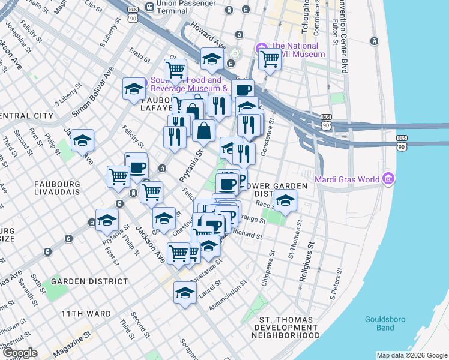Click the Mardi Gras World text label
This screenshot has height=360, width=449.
(x=348, y=179)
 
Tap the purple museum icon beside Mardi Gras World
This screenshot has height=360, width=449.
(x=388, y=179)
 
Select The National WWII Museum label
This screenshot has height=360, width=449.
(x=298, y=50)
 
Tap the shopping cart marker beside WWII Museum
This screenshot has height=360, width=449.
(x=270, y=60)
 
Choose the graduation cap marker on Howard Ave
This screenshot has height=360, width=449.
(x=212, y=59)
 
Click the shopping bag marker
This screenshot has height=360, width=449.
(x=203, y=130)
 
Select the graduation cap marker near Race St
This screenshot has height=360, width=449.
(x=286, y=200)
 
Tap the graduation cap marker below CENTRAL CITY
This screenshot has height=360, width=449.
(x=83, y=142)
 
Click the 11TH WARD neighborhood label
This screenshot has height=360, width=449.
(x=85, y=314)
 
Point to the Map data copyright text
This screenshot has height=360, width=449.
(x=412, y=355)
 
